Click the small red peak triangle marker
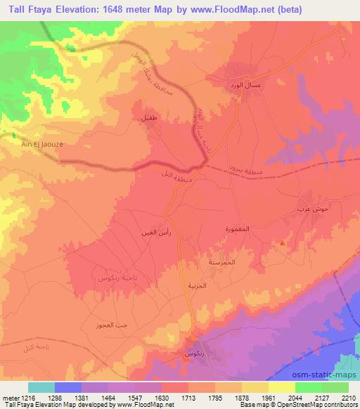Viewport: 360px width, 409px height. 283,244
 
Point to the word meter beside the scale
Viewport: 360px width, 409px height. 8,398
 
